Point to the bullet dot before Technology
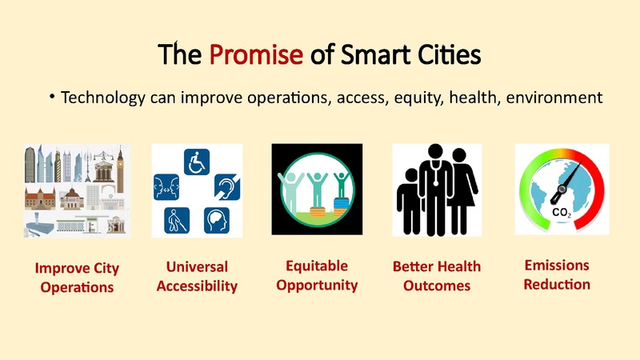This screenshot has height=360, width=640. click(x=52, y=98)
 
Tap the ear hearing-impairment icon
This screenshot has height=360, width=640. click(x=226, y=190)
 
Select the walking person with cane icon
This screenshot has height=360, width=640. click(x=172, y=218)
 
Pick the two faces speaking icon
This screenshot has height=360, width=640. click(x=166, y=190)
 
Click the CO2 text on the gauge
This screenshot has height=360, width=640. click(x=561, y=213)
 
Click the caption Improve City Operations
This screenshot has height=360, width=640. click(x=78, y=276)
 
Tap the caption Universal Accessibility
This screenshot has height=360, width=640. click(x=197, y=276)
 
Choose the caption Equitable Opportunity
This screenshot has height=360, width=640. click(x=317, y=274)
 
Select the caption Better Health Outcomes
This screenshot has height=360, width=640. click(x=437, y=276)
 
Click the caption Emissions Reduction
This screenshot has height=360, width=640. click(x=557, y=274)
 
